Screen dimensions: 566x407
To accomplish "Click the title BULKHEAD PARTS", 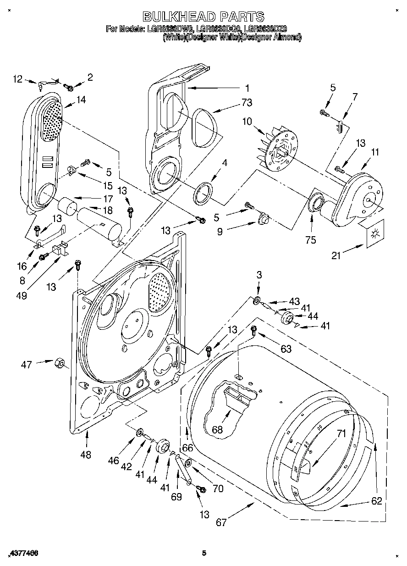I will (203, 17).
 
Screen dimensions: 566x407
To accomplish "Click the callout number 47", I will (27, 365).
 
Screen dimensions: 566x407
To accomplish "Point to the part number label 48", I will (85, 455).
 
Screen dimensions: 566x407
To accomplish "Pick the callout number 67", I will (221, 522).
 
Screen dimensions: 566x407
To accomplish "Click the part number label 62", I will (376, 501).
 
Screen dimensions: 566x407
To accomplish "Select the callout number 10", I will (247, 122).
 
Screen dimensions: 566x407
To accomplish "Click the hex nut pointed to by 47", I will (59, 363).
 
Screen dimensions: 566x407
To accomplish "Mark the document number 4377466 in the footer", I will (22, 554).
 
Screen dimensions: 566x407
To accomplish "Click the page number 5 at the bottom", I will (204, 554).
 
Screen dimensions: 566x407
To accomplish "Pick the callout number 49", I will (22, 295).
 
